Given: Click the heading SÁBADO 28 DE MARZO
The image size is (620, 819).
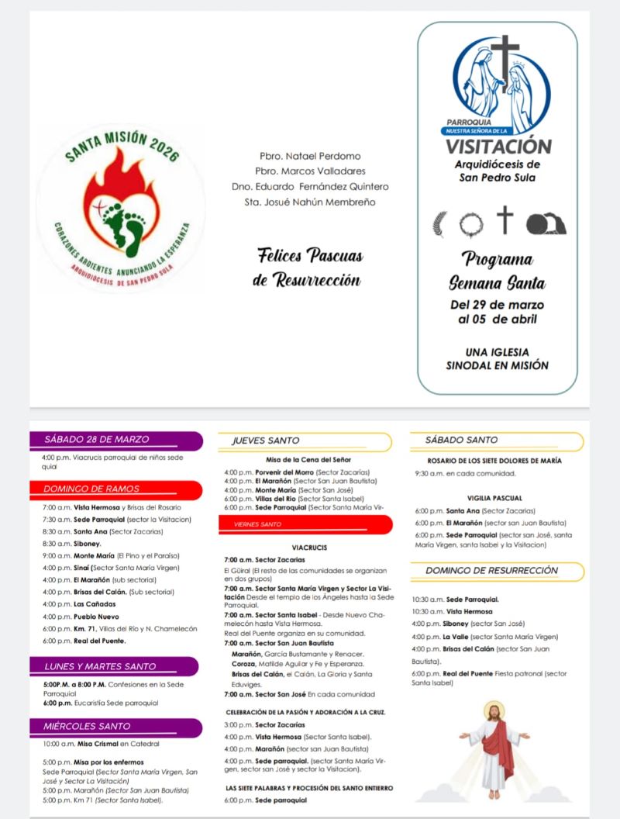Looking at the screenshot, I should (x=97, y=440).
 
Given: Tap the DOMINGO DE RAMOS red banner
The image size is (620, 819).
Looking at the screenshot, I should (x=91, y=489).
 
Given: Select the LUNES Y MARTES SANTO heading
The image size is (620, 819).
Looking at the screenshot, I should (x=99, y=666).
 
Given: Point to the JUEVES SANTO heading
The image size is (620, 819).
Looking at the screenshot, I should (x=267, y=441).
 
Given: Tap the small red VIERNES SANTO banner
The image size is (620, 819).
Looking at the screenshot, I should (x=259, y=524).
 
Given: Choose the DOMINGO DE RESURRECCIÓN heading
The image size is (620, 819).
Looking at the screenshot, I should (x=491, y=571).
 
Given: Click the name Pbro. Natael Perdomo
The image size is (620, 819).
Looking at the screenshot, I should (x=310, y=156).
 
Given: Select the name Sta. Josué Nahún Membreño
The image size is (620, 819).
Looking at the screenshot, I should (x=310, y=202).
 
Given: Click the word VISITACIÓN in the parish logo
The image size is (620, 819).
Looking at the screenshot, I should (x=499, y=147).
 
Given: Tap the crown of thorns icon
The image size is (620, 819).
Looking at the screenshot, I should (x=470, y=223).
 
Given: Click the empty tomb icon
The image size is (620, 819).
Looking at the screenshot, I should (x=546, y=223).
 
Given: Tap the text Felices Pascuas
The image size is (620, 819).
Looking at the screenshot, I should (x=310, y=255).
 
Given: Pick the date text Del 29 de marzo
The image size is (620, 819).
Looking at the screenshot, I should (x=498, y=304).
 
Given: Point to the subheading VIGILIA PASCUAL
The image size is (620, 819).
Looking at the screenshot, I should (x=494, y=498).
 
